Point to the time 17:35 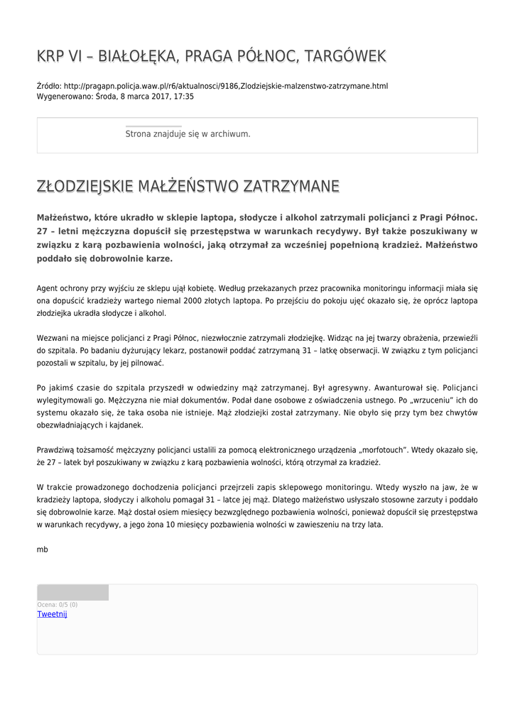point(184,96)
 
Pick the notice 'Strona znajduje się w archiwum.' point(188,133)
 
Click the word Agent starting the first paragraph point(48,288)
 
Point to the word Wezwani point(52,338)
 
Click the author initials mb point(42,550)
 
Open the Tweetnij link point(52,614)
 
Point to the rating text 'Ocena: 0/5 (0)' point(58,604)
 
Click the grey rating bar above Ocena point(72,592)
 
